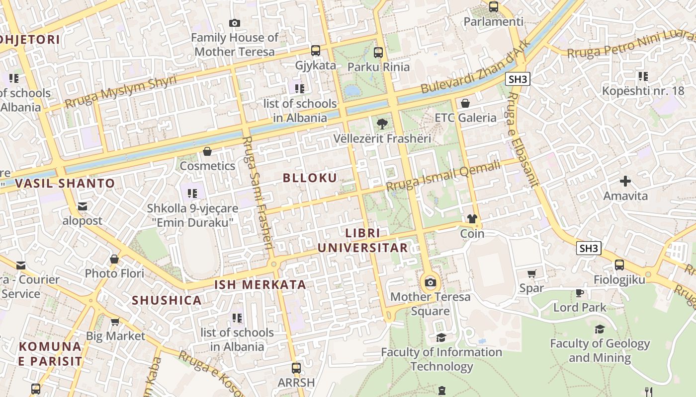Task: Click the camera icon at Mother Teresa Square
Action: (431, 283)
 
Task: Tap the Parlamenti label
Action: (493, 22)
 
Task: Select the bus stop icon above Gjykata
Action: (316, 51)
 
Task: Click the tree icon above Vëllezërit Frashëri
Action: (382, 124)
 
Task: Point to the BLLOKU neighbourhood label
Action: (310, 178)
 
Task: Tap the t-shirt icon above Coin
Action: (472, 219)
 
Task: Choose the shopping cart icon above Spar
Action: (531, 273)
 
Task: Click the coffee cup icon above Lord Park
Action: (580, 293)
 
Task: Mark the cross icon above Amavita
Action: (625, 181)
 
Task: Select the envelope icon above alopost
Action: (83, 206)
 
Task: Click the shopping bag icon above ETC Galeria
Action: (465, 103)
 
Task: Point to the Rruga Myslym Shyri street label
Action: (121, 92)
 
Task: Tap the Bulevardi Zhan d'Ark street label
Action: (476, 66)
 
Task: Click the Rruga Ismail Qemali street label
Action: (443, 176)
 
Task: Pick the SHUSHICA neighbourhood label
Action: (167, 300)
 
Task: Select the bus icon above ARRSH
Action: (296, 368)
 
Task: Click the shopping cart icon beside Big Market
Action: (115, 322)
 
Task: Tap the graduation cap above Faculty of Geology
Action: (600, 329)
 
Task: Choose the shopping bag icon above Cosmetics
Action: (207, 151)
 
